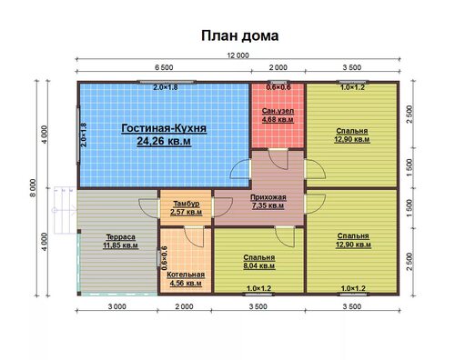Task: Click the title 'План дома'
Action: pos(239,36)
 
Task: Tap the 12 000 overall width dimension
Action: pos(238,55)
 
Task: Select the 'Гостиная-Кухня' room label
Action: pos(164,128)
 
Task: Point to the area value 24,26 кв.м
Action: pos(164,141)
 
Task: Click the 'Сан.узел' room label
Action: pos(278,111)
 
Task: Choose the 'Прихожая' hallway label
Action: pos(268,197)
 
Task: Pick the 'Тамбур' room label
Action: pos(187,204)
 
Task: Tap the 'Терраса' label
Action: pos(121,237)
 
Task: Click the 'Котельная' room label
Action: pos(186,275)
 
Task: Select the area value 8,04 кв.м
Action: pos(259,266)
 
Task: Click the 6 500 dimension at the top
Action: pos(164,67)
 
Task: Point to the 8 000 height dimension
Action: pos(33,188)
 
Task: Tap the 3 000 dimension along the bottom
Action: pos(117,306)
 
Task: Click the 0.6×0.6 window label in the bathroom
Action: pos(278,87)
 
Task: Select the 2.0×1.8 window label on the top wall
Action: pos(165,87)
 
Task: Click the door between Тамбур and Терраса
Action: pos(149,208)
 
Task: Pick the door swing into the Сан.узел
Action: pos(278,159)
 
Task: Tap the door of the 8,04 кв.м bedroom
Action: pos(285,236)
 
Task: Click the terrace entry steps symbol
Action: pos(65,210)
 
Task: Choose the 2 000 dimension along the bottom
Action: pos(184,306)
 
